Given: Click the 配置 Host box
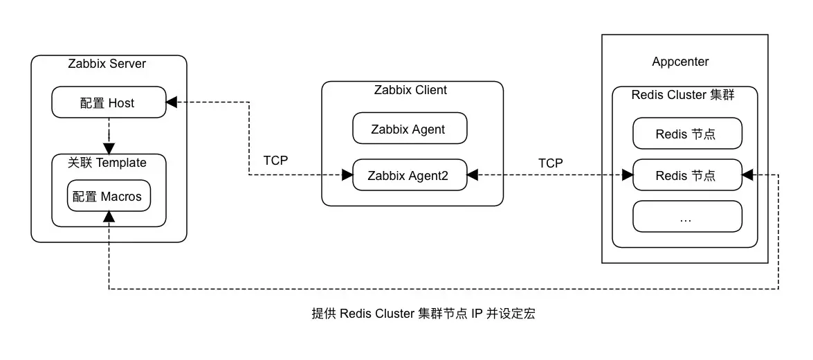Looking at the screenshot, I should [109, 103].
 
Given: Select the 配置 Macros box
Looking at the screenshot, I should [109, 197].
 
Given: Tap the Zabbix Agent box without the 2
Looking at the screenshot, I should [409, 129].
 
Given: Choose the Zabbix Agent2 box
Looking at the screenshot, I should [409, 176].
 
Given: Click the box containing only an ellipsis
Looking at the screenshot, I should [687, 217].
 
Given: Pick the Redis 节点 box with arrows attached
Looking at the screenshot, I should [687, 176].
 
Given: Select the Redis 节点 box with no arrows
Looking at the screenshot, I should [687, 134].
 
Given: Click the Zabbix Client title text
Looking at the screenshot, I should [410, 90].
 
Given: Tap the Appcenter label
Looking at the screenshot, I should [680, 62].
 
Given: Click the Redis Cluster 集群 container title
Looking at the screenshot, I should [683, 95].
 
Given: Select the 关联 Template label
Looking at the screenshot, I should [107, 163].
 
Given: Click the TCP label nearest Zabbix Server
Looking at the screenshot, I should [275, 161].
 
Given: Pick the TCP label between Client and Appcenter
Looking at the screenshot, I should [551, 163].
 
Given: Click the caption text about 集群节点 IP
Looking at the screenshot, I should [423, 314].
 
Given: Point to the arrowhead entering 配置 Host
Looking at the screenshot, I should [172, 102].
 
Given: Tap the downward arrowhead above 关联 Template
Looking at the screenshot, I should [109, 148].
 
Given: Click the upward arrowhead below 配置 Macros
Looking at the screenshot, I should [109, 217].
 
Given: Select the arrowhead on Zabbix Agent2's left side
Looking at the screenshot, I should [347, 176].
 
